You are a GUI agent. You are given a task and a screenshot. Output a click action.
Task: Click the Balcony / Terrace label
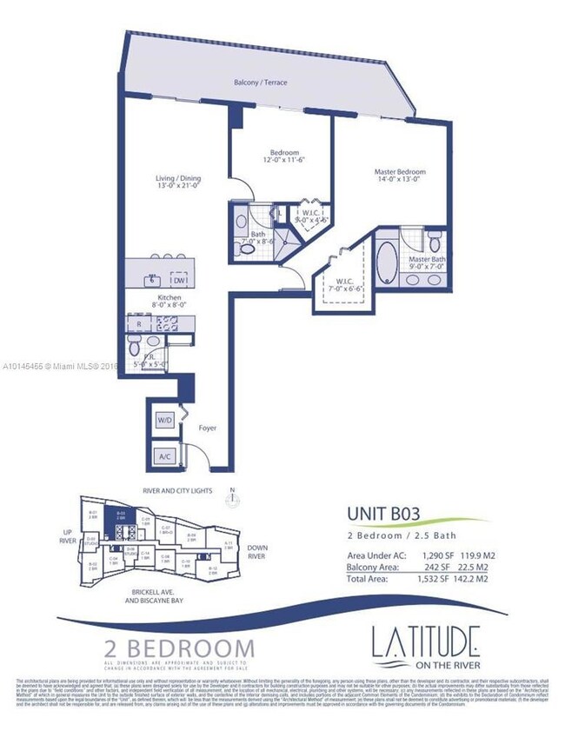261,83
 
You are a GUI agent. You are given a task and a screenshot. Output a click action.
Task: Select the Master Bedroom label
400,172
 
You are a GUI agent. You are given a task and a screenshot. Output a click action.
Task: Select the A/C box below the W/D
163,455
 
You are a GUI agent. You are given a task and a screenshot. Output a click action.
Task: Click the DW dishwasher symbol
179,280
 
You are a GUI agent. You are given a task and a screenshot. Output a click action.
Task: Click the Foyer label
207,429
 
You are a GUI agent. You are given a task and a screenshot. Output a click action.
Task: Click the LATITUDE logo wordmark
424,644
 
